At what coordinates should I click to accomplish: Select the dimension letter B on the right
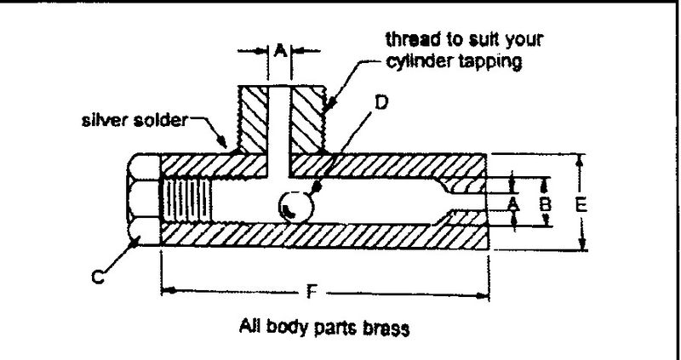pos(547,204)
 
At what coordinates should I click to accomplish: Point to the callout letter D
pos(381,103)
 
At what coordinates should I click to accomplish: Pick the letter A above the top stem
pos(278,50)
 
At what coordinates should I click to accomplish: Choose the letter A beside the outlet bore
pos(513,204)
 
